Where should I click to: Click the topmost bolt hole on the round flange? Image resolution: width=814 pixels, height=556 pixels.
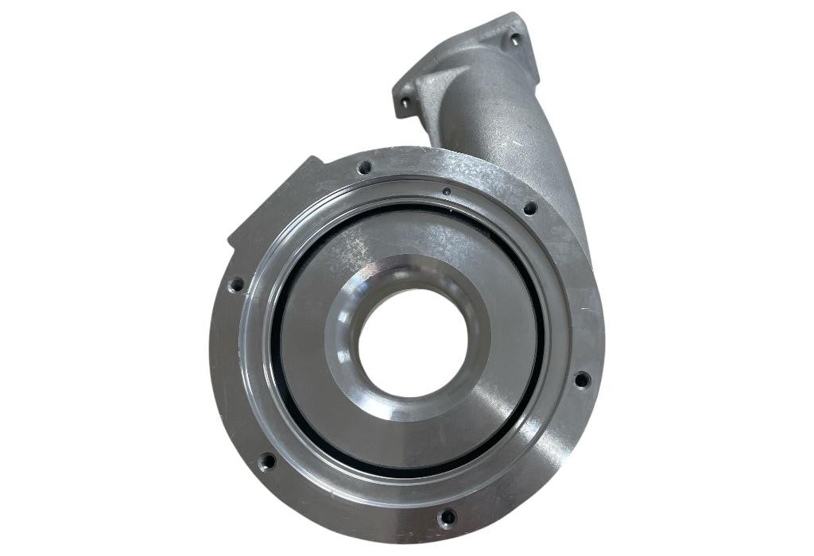coord(364,168)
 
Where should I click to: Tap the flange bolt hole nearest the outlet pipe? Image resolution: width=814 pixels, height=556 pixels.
coord(529,208)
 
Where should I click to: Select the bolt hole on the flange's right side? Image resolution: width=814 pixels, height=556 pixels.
coord(582,380)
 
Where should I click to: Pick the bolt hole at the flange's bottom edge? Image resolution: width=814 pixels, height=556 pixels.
coord(448,518)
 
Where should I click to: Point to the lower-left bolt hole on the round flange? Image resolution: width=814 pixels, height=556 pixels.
coord(268,461)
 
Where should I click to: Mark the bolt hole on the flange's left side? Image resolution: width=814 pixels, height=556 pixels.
coord(236,284)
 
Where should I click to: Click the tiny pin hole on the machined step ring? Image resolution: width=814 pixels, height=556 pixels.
coord(447,191)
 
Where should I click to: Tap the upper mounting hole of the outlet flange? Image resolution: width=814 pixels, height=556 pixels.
coord(514,38)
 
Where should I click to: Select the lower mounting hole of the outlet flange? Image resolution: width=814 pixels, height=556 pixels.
coord(405,102)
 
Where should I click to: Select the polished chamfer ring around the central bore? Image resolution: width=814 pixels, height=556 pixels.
coord(342,373)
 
